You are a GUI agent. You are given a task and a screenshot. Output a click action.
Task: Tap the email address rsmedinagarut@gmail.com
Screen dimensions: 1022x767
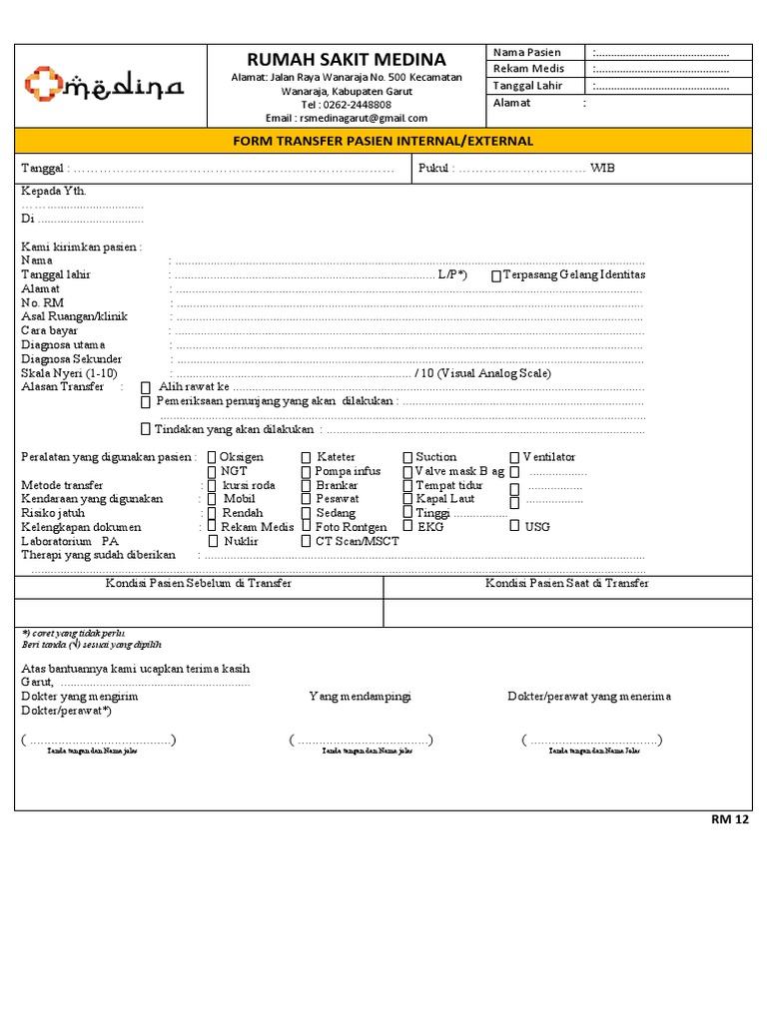click(347, 118)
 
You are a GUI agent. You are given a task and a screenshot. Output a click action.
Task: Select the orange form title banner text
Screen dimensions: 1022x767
click(383, 141)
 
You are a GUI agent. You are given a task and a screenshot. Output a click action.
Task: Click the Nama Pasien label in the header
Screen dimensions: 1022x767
click(527, 52)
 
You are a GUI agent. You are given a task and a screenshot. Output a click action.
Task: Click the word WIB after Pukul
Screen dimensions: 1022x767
click(602, 169)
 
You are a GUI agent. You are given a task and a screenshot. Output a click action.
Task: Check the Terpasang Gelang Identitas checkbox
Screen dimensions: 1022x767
click(496, 275)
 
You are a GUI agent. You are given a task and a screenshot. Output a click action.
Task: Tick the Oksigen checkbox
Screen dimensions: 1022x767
click(212, 458)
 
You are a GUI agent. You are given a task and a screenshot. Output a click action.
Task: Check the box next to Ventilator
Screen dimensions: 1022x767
click(514, 458)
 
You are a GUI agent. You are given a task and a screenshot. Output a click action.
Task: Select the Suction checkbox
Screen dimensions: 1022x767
click(407, 458)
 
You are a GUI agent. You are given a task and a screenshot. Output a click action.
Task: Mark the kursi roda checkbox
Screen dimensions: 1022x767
click(212, 486)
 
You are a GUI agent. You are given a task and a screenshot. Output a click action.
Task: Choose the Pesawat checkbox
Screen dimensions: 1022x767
click(306, 499)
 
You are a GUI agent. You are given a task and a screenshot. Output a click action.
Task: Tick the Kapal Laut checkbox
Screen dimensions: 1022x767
click(407, 499)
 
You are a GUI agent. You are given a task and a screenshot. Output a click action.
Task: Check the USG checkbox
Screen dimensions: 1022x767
click(514, 526)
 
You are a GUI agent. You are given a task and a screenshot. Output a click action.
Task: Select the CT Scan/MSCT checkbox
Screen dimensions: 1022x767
click(306, 541)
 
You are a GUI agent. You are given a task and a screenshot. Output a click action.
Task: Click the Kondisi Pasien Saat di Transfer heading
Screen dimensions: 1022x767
click(567, 583)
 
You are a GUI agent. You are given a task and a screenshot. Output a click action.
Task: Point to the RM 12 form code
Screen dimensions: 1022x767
click(729, 819)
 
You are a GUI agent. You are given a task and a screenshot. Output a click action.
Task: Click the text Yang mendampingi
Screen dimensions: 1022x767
click(360, 696)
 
